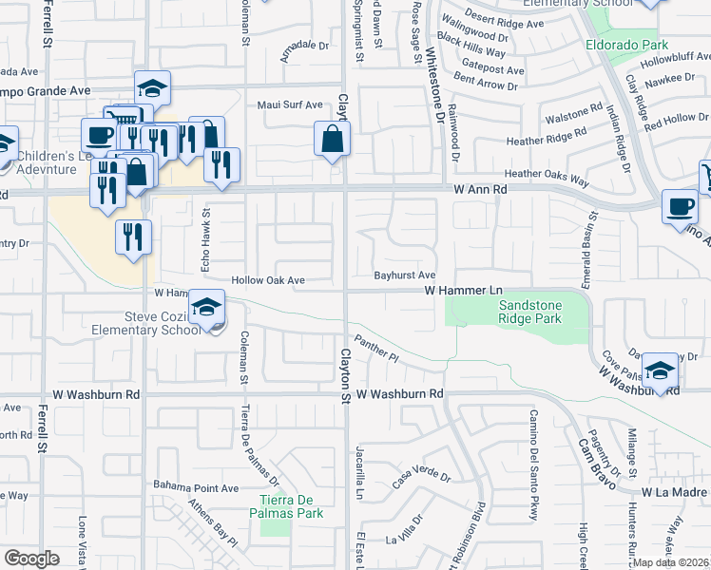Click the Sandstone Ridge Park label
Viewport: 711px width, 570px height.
coord(530,313)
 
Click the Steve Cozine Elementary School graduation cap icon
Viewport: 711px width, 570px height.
coord(204,307)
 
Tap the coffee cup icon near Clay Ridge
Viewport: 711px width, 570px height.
coord(681,207)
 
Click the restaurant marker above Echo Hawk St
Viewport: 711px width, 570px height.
coord(221,163)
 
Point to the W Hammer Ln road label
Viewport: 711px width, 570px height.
coord(462,289)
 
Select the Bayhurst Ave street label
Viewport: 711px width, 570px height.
coord(404,275)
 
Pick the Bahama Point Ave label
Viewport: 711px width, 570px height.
coord(196,488)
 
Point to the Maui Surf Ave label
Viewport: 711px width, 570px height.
coord(291,104)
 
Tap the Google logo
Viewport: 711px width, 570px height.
coord(31,559)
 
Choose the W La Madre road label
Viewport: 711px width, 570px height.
coord(674,493)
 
